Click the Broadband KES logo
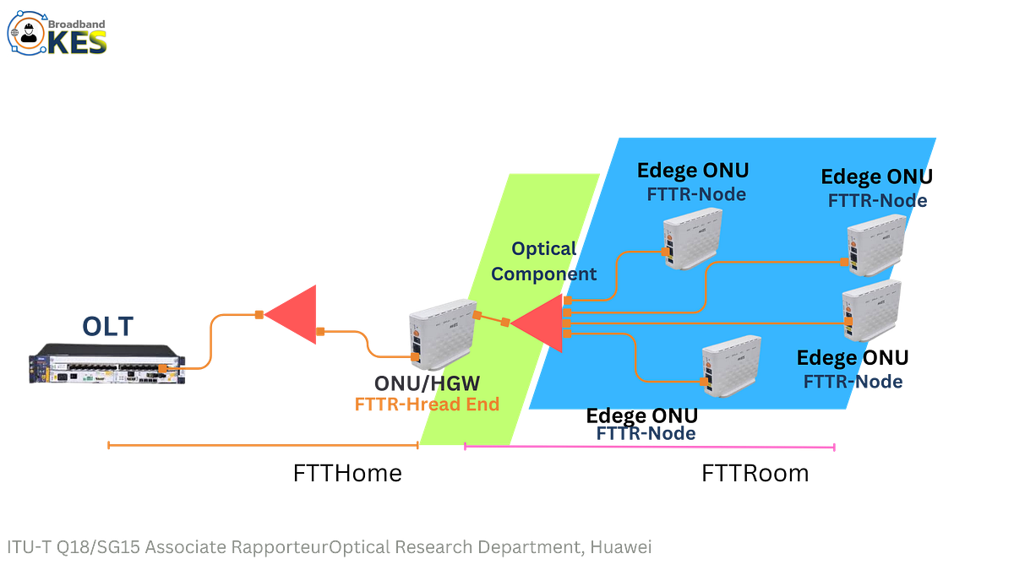coord(57,33)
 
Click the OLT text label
coord(107,326)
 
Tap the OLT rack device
coord(105,364)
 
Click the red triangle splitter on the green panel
coord(541,322)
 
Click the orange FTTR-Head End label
coord(427,404)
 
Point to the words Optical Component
coord(543,262)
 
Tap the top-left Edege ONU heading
coord(692,171)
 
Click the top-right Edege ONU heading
coord(875,177)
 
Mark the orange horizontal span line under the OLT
coord(262,444)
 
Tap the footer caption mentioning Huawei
coord(329,547)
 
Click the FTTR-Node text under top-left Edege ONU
coord(696,194)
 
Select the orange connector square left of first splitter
coord(258,315)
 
